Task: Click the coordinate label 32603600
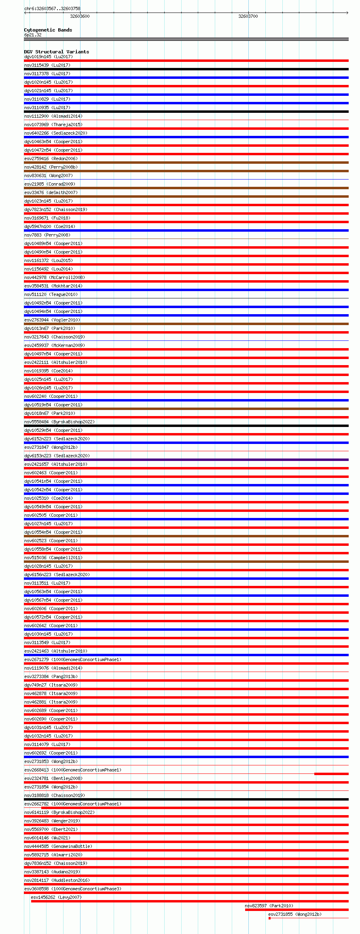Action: coord(80,16)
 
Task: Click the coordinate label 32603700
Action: coord(248,16)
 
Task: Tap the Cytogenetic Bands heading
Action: coord(48,30)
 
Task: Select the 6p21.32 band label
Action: coord(33,35)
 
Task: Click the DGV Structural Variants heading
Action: coord(56,52)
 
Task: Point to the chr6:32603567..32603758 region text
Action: coord(52,8)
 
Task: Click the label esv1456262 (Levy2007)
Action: coord(56,897)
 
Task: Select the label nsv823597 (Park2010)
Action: coord(269,906)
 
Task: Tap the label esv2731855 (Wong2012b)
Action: coord(294,914)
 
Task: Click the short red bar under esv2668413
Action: coord(331,774)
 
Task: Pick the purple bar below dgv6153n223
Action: coord(186,460)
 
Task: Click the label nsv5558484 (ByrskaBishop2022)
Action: coord(59,422)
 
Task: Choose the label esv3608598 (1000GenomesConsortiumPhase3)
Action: coord(72,889)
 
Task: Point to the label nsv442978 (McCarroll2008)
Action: coord(54,277)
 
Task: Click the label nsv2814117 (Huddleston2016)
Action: coord(57,880)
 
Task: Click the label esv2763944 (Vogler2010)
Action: coord(52,320)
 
